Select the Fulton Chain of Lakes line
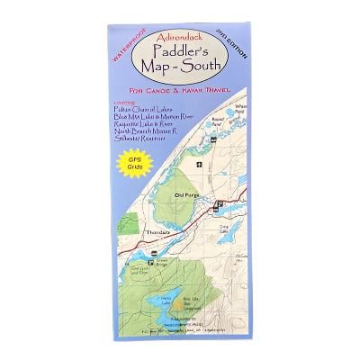coord(141,108)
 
